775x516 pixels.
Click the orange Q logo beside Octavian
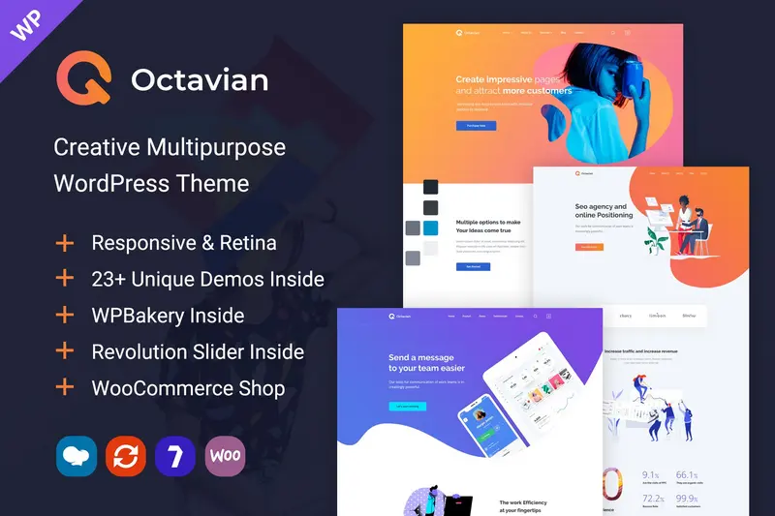pos(81,78)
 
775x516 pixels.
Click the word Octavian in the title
pos(200,79)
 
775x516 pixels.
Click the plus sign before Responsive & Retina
pos(65,242)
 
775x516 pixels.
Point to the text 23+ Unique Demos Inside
pos(207,279)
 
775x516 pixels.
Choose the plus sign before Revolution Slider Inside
pos(65,351)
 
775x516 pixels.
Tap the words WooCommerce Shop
pos(188,388)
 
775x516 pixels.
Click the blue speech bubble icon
pos(77,456)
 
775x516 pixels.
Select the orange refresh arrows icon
pos(126,456)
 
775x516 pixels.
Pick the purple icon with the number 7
pos(175,456)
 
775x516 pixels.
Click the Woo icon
pos(225,456)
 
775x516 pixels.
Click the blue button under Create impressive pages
pos(476,126)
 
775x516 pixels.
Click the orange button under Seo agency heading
pos(588,247)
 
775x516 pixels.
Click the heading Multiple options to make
pos(494,223)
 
